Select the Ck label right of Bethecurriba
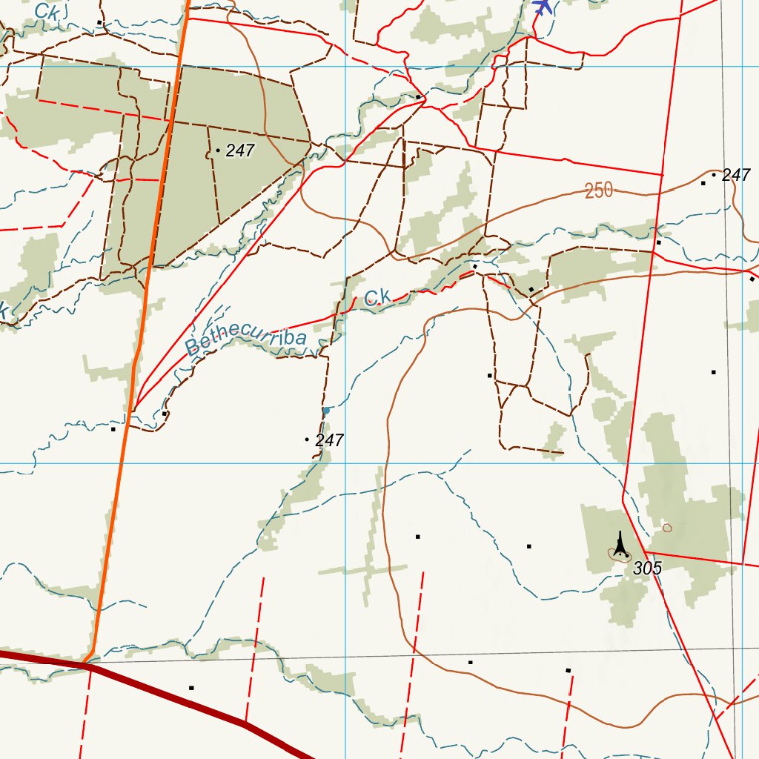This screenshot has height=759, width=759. pos(377,298)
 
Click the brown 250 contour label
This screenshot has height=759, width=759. pos(599,190)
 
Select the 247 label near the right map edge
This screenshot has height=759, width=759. pos(736,175)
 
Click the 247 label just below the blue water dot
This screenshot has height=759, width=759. pos(329,440)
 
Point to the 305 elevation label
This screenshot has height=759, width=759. pos(647,569)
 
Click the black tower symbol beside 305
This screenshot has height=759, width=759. pos(621,545)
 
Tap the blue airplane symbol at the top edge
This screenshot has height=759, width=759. pos(543,7)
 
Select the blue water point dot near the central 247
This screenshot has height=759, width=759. pos(325,410)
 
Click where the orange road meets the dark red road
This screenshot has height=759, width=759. pos(88,662)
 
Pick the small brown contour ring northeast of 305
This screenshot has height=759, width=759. pos(667,528)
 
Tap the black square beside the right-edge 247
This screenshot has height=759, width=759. pos(703,182)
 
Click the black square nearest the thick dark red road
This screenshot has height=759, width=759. pos(191,688)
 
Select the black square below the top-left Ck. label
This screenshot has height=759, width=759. pos(99,23)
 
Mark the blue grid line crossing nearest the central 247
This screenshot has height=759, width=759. pos(346,463)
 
